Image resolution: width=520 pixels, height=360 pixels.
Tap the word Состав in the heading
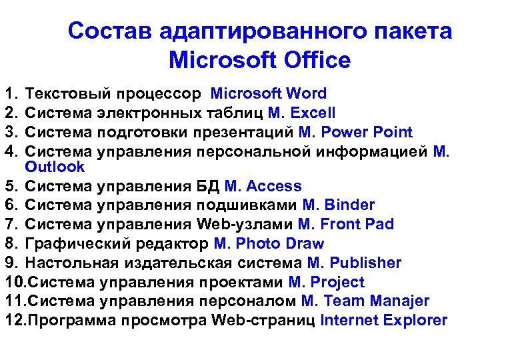click(x=104, y=31)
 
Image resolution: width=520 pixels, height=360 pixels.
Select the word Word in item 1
click(x=307, y=94)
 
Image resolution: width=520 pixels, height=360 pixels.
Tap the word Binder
click(x=347, y=205)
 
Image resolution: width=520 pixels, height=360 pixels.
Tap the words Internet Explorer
click(x=384, y=320)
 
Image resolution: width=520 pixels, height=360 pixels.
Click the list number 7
click(x=9, y=224)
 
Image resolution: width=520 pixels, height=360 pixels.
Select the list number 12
click(x=14, y=320)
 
